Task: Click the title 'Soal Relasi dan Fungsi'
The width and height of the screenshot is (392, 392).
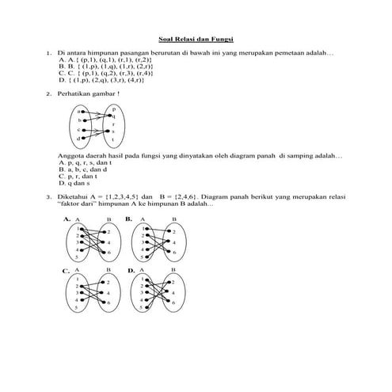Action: [x=196, y=37]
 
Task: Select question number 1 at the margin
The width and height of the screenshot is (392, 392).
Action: [x=49, y=51]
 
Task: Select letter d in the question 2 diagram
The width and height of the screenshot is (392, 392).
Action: [x=78, y=139]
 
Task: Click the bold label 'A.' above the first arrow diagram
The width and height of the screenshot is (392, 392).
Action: [x=67, y=217]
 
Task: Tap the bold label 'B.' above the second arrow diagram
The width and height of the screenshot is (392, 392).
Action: [x=128, y=217]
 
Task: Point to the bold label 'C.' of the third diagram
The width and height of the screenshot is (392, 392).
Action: [x=67, y=271]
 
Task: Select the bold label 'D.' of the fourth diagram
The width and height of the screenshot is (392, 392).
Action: [x=131, y=271]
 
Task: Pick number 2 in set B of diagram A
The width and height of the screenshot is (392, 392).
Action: [x=108, y=231]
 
